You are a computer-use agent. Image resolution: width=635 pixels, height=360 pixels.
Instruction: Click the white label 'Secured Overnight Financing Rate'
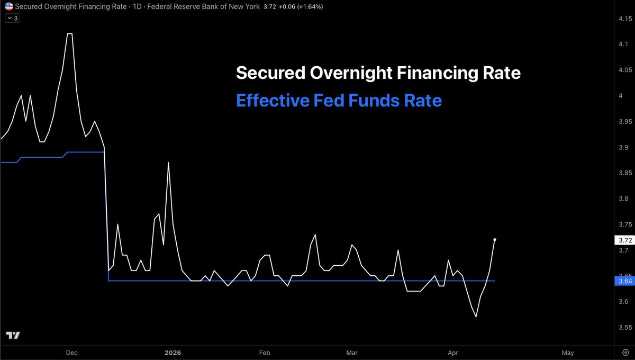(x=378, y=73)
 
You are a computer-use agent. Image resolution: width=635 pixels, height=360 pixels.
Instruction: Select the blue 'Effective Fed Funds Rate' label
(x=339, y=100)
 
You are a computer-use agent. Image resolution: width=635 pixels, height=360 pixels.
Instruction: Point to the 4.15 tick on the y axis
(x=625, y=20)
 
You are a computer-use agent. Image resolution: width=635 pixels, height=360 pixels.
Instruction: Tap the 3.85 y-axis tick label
(x=625, y=173)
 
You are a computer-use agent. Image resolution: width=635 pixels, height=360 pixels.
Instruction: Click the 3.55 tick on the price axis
(x=625, y=327)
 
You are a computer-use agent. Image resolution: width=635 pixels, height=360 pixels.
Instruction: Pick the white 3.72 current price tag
(x=625, y=240)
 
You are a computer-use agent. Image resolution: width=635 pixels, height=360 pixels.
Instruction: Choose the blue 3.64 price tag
(x=625, y=281)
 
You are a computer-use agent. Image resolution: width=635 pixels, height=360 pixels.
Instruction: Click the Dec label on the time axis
(x=71, y=353)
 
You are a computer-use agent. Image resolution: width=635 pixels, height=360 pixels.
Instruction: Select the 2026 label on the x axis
(x=173, y=353)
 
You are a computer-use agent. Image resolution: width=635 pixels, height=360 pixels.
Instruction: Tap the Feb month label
(x=264, y=353)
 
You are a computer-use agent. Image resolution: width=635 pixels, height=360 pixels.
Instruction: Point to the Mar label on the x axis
(x=351, y=353)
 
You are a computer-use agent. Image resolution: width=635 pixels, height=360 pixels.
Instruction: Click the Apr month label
(x=453, y=353)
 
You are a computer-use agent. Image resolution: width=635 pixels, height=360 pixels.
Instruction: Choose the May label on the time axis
(x=567, y=353)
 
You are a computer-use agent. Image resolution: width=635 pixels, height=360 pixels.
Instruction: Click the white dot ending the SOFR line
(x=495, y=240)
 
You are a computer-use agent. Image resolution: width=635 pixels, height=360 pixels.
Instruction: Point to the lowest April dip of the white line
(x=476, y=317)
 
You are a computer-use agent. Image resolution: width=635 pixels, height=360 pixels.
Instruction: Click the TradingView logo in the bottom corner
(x=13, y=335)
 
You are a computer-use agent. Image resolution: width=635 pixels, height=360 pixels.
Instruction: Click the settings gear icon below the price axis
(x=625, y=353)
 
